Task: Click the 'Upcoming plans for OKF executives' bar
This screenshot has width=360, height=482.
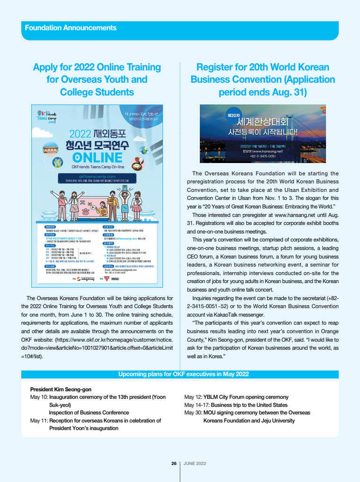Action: click(183, 374)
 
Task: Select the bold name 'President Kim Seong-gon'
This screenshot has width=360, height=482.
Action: click(60, 389)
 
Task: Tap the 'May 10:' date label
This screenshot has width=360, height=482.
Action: click(39, 397)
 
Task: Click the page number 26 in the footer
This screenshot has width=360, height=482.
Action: click(174, 464)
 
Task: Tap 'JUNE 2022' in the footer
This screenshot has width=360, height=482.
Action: click(195, 464)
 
